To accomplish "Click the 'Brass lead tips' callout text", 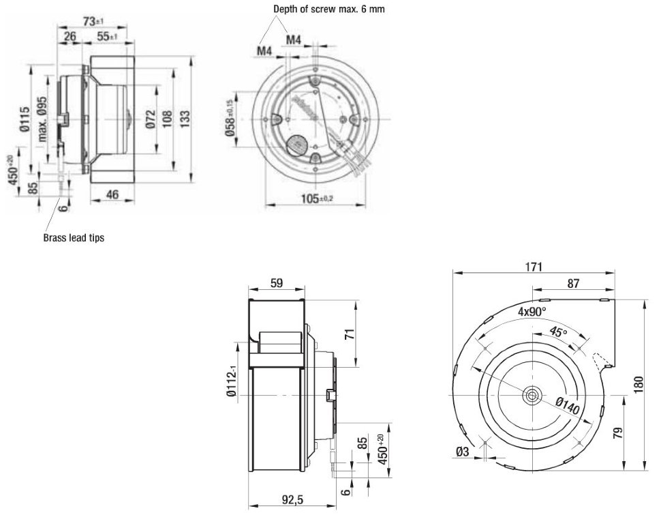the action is [x=74, y=237].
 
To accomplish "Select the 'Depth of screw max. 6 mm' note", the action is [x=329, y=9].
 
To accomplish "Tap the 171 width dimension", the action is [x=534, y=267].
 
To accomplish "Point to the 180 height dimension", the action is [x=639, y=385].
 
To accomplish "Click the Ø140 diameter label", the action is [x=568, y=406].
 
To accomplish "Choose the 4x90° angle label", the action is [x=532, y=312].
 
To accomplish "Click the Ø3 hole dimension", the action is [x=462, y=452].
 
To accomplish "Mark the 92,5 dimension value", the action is [x=292, y=500].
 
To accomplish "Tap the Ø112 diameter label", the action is [x=232, y=381].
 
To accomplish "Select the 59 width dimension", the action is [x=277, y=283].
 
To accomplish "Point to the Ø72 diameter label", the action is [x=151, y=119].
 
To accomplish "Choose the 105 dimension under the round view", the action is [x=317, y=198].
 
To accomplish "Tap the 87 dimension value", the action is [x=573, y=284].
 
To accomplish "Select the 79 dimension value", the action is [x=618, y=433].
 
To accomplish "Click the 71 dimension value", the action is [x=350, y=334].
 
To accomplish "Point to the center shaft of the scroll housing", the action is [x=530, y=396].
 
